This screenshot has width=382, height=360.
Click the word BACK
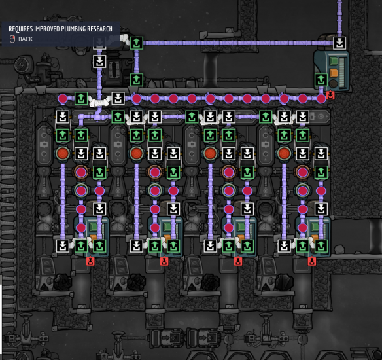[26, 39]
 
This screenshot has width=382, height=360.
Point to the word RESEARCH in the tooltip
[99, 29]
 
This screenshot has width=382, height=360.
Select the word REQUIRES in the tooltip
[21, 29]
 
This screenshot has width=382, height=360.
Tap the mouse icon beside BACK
[12, 39]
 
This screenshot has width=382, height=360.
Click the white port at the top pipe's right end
[339, 43]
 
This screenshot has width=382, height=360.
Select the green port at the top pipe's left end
[137, 43]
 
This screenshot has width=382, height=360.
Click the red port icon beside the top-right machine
[330, 95]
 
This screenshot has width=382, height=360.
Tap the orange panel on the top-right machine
[334, 73]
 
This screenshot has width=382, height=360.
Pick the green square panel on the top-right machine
[334, 61]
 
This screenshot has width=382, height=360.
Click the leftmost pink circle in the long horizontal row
[63, 99]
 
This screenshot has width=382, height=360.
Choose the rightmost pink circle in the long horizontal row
[321, 99]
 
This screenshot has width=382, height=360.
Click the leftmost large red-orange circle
[63, 154]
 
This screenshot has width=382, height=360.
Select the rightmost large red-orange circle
[284, 154]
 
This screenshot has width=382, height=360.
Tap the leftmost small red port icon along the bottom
[90, 261]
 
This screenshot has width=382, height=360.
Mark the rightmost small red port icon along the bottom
[312, 261]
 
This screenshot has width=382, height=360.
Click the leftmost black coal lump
[62, 282]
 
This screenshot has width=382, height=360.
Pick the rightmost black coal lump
[284, 282]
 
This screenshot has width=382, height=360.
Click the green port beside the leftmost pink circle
[81, 98]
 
